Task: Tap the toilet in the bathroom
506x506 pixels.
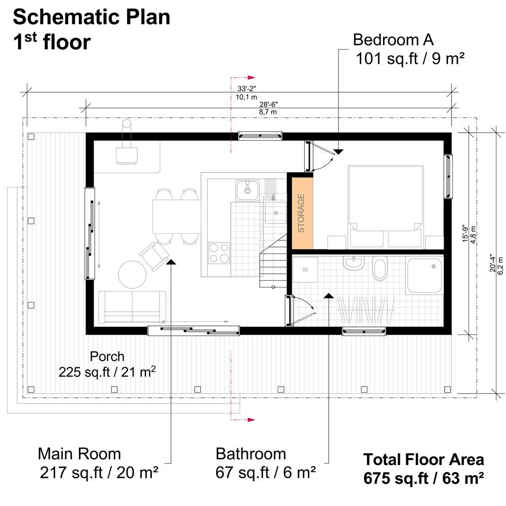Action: coord(379,268)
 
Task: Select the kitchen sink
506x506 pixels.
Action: coord(247,190)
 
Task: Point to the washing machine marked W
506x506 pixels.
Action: coord(305,270)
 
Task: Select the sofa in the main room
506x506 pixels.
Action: coord(132,307)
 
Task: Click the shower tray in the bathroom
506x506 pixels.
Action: coord(425,276)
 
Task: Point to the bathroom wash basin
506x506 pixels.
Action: coord(353,263)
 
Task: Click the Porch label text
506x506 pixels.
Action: coord(107,356)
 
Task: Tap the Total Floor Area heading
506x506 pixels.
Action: coord(424,460)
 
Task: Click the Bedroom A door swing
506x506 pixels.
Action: coord(320,159)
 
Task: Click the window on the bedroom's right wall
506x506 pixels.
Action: coord(448,176)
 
